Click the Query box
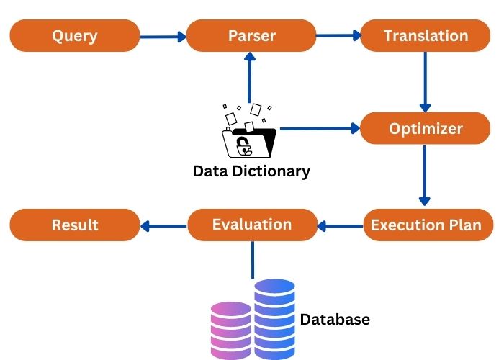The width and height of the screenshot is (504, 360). click(74, 36)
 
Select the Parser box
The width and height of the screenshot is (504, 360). click(251, 36)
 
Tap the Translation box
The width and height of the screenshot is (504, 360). click(425, 36)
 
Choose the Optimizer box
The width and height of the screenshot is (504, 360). click(425, 129)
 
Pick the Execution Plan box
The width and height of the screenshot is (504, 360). click(425, 225)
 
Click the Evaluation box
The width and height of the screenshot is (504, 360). click(252, 225)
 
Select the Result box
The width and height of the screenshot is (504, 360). click(74, 225)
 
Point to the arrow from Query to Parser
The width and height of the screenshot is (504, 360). click(163, 36)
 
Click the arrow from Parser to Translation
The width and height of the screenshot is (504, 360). click(338, 34)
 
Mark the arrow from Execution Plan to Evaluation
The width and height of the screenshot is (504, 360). click(340, 226)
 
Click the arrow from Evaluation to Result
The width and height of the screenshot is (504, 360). click(163, 226)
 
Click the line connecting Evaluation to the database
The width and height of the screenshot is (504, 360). click(253, 259)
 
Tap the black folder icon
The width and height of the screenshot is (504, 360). click(248, 141)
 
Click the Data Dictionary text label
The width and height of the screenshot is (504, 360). click(251, 171)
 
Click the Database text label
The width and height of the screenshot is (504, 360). click(335, 319)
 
